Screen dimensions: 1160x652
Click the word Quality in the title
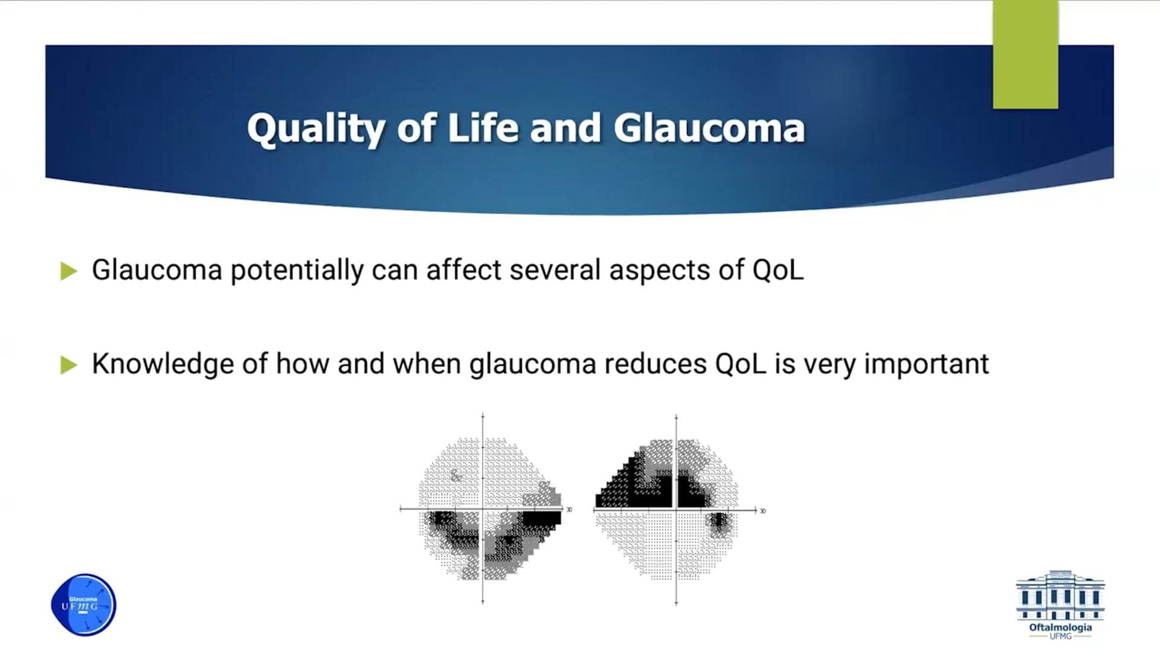pyautogui.click(x=316, y=129)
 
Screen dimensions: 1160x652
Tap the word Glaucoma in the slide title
pyautogui.click(x=709, y=128)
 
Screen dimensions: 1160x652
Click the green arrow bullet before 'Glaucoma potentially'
pyautogui.click(x=69, y=271)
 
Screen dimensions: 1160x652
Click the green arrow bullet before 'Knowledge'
pyautogui.click(x=69, y=365)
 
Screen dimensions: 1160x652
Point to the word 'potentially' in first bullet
pyautogui.click(x=297, y=270)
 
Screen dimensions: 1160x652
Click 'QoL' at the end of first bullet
pyautogui.click(x=778, y=270)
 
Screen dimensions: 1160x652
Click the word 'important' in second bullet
pyautogui.click(x=927, y=364)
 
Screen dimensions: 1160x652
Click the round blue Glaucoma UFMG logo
pyautogui.click(x=83, y=604)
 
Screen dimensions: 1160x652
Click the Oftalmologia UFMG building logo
pyautogui.click(x=1060, y=604)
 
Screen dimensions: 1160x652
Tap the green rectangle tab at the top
pyautogui.click(x=1025, y=54)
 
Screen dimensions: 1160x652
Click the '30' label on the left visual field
pyautogui.click(x=569, y=510)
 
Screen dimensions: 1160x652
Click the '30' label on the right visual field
pyautogui.click(x=762, y=511)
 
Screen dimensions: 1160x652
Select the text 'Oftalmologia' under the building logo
pyautogui.click(x=1060, y=627)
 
